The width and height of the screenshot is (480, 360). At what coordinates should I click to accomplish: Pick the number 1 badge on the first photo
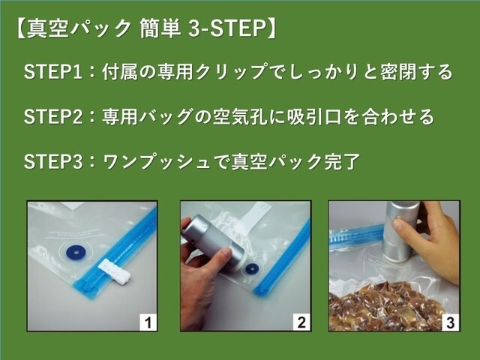click(148, 324)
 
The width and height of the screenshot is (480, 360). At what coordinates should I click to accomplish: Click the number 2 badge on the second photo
click(301, 324)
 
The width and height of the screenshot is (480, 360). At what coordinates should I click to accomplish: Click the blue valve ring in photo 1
click(75, 252)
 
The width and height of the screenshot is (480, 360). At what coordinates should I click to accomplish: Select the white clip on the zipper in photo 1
click(114, 271)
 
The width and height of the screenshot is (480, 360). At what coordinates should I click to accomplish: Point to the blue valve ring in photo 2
click(250, 268)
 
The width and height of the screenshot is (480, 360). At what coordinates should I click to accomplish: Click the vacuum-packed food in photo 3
click(382, 307)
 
